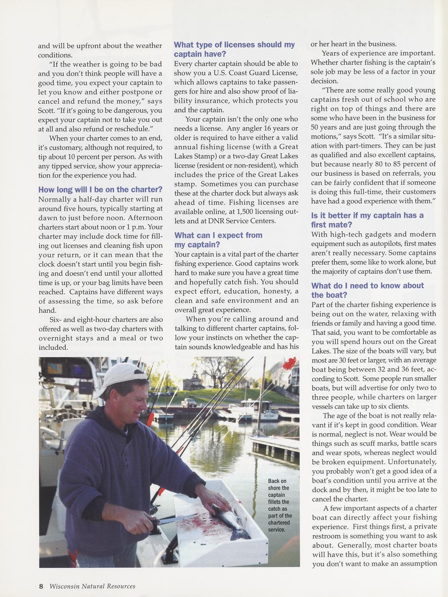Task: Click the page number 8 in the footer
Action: coord(41,587)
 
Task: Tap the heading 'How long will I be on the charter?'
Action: coord(100,189)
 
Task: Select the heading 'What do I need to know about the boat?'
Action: coord(368,290)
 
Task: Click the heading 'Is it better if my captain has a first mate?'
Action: coord(368,220)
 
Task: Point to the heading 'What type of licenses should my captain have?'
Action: coord(234,49)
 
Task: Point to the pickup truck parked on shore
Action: coord(189,403)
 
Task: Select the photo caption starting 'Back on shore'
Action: coord(279,505)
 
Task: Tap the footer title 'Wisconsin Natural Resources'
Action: coord(92,587)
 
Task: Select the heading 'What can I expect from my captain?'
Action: coord(218,240)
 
